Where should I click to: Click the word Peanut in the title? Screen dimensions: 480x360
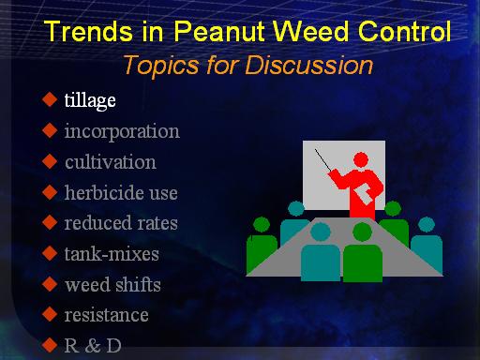click(x=219, y=31)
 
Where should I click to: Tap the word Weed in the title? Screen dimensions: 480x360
click(x=310, y=31)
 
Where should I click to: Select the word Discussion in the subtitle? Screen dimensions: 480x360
click(x=308, y=65)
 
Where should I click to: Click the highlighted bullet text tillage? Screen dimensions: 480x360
click(x=90, y=100)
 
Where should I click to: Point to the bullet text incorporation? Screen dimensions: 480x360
click(x=122, y=131)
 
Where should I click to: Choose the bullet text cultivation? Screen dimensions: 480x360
click(x=111, y=162)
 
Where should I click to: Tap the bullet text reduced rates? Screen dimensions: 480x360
click(x=121, y=223)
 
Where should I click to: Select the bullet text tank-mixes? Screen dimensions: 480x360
click(x=112, y=253)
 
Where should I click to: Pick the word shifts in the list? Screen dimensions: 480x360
click(x=138, y=284)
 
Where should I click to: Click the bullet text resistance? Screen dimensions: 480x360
click(x=106, y=315)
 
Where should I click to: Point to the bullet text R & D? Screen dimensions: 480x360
click(x=93, y=346)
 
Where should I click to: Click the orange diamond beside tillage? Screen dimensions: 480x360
click(x=50, y=99)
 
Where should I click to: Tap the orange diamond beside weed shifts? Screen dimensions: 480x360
click(x=50, y=284)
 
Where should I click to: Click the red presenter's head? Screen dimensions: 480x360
click(x=361, y=160)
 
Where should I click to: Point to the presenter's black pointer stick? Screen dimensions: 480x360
click(x=322, y=159)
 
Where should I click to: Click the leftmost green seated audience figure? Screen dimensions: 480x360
click(x=262, y=246)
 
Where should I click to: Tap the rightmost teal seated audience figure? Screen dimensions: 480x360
click(x=427, y=246)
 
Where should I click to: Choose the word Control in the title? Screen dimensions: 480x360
click(x=405, y=31)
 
